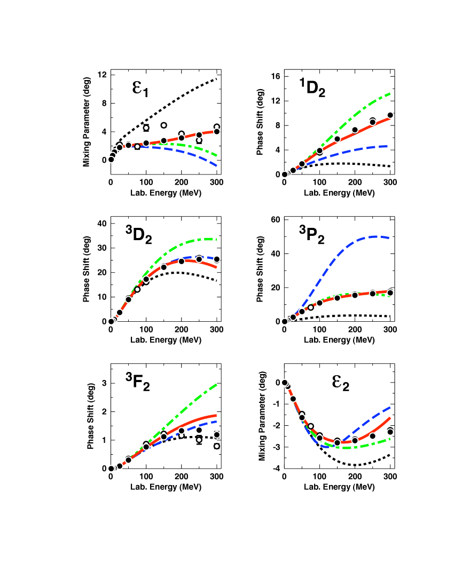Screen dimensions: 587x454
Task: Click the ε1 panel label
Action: pos(139,86)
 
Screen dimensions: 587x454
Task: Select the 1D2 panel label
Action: pos(312,86)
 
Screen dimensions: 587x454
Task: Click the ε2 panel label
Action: pos(339,380)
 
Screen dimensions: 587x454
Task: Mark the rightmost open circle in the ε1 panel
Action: pos(217,132)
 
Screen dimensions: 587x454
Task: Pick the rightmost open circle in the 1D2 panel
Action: pos(390,115)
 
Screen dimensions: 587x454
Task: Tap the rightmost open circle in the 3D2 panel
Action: pos(217,259)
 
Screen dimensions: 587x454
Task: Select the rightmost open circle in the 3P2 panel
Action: pos(390,292)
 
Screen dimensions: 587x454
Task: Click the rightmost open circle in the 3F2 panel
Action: pos(217,434)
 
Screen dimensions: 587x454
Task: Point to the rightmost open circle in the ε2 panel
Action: pos(390,432)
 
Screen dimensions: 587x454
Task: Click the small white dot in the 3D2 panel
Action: pos(137,289)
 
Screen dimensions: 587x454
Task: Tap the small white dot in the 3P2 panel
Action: pos(311,307)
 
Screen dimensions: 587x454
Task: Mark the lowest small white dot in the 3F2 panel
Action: pos(217,446)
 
